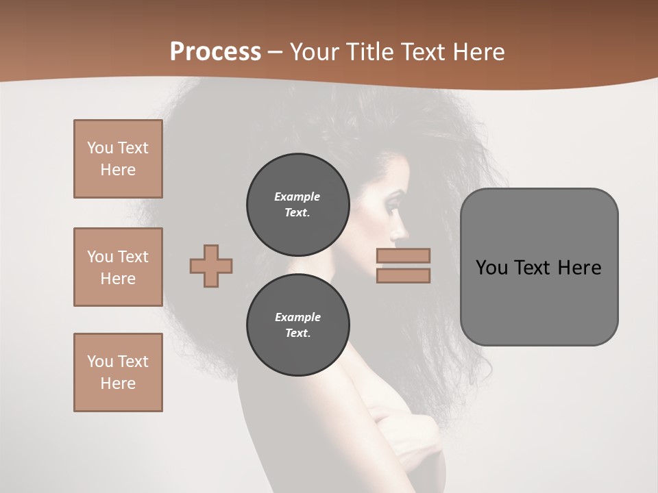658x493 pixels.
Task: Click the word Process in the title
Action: [215, 52]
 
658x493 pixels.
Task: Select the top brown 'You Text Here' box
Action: [118, 159]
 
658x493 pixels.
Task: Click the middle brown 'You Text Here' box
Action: [118, 267]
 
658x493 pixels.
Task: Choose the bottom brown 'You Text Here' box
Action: [118, 372]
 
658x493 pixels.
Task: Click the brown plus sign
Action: [211, 266]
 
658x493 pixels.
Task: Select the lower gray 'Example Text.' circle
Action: [297, 325]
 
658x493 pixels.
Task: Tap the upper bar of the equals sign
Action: [403, 255]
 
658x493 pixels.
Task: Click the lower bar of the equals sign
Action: [403, 276]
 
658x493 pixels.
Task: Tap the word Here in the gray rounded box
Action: [579, 268]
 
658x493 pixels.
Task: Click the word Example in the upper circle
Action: [297, 197]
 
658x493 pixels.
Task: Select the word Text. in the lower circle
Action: [297, 333]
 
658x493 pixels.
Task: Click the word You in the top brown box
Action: [100, 148]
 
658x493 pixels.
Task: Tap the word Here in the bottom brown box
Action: [118, 383]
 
